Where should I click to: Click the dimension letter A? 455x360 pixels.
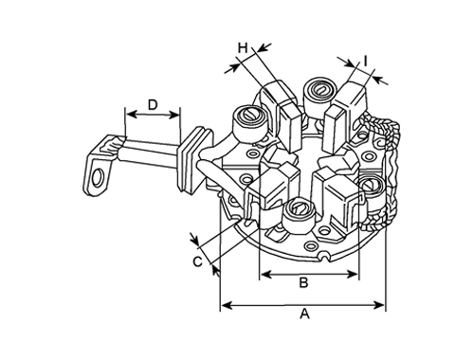[x=304, y=315]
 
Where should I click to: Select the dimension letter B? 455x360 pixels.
[x=303, y=282]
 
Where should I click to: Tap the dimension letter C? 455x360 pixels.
[x=197, y=261]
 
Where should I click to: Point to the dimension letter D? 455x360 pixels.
[x=153, y=104]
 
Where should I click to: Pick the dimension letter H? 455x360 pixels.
[x=243, y=48]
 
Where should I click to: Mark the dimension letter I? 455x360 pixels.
[x=365, y=61]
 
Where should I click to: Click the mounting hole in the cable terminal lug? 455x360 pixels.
[x=98, y=178]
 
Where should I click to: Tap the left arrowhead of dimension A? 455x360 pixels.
[x=227, y=305]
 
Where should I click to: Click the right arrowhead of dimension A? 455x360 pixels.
[x=379, y=305]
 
